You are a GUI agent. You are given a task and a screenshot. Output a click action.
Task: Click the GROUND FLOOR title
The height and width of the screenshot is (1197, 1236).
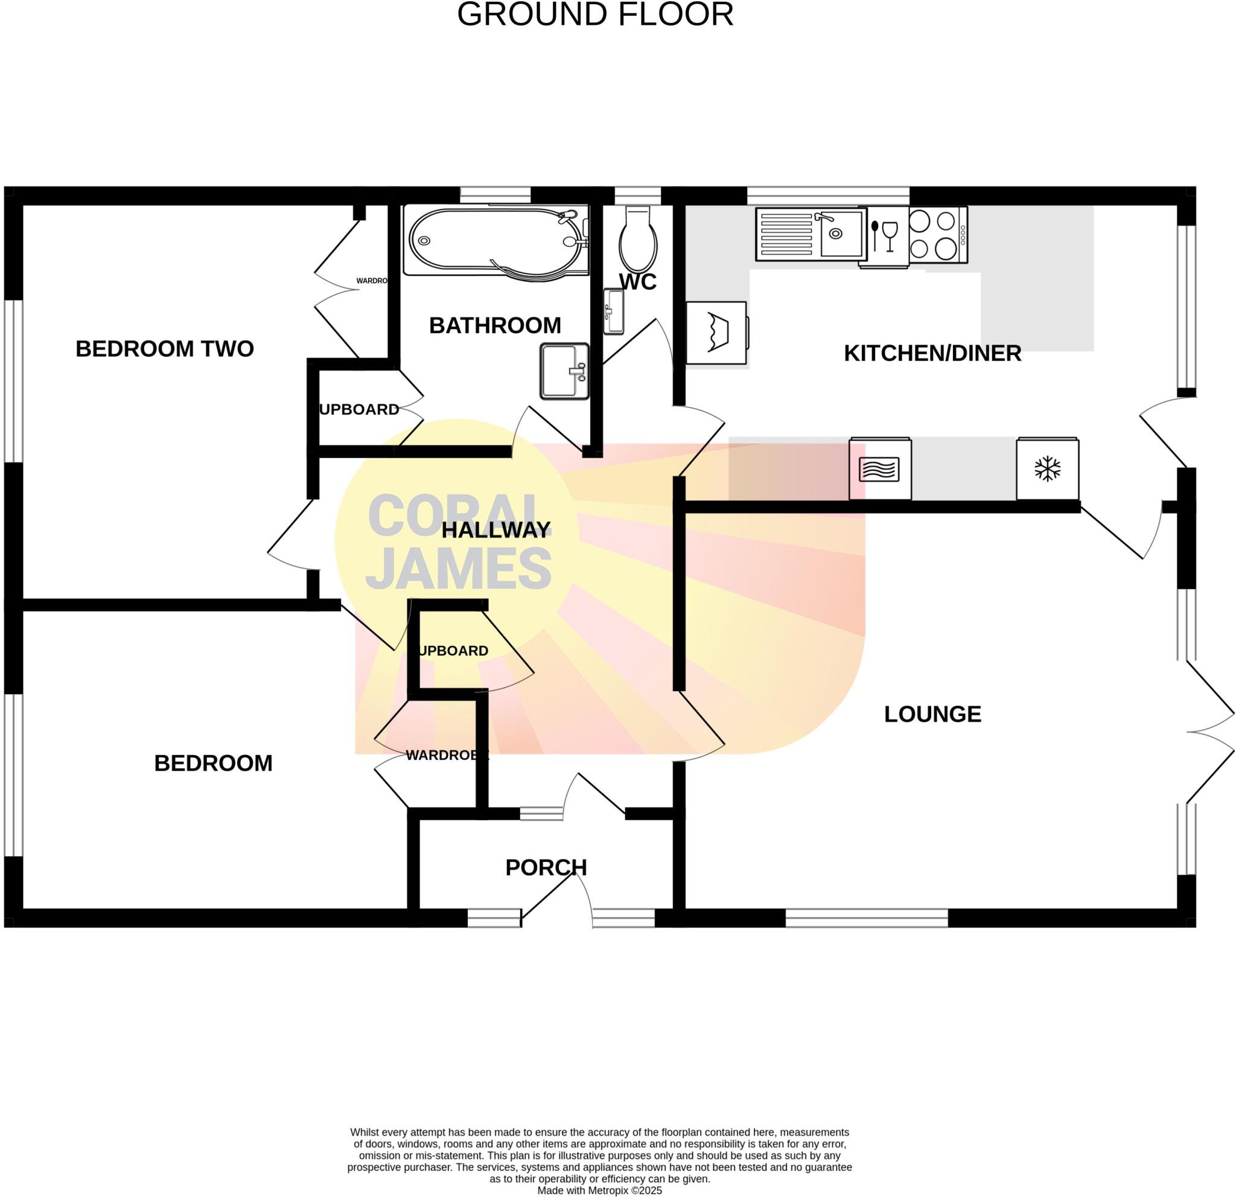coord(594,14)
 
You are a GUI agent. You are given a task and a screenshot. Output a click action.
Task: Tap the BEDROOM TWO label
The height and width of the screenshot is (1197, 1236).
coord(165,349)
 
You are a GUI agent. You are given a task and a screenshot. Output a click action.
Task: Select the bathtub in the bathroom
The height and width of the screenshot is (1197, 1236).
coord(495,240)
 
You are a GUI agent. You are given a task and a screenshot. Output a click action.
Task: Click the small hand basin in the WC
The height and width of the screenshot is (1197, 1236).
coord(613,311)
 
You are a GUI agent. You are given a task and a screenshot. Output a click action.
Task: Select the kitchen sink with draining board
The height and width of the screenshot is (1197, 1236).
coord(811,234)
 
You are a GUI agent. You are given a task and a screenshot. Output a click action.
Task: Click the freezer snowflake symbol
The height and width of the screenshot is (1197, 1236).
coord(1048,469)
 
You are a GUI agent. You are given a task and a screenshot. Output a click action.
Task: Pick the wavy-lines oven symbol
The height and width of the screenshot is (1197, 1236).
coord(879,469)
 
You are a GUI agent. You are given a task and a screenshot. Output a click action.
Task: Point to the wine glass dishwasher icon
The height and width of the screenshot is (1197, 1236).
coord(887,235)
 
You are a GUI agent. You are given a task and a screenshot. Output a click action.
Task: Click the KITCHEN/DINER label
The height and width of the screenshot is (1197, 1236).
coord(932,353)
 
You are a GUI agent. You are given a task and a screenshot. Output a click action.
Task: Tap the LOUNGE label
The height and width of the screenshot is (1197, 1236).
coord(932,714)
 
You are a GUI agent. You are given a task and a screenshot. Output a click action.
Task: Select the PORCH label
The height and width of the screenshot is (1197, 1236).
coord(546,868)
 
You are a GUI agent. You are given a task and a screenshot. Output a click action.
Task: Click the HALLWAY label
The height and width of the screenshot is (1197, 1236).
coord(495,530)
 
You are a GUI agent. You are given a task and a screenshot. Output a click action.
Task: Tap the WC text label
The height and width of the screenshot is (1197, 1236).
coord(637,282)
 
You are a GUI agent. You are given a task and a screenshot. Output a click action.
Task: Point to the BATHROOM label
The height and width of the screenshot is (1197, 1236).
coord(494,325)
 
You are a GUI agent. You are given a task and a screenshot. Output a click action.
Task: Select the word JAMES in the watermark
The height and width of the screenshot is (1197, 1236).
coord(459,569)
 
